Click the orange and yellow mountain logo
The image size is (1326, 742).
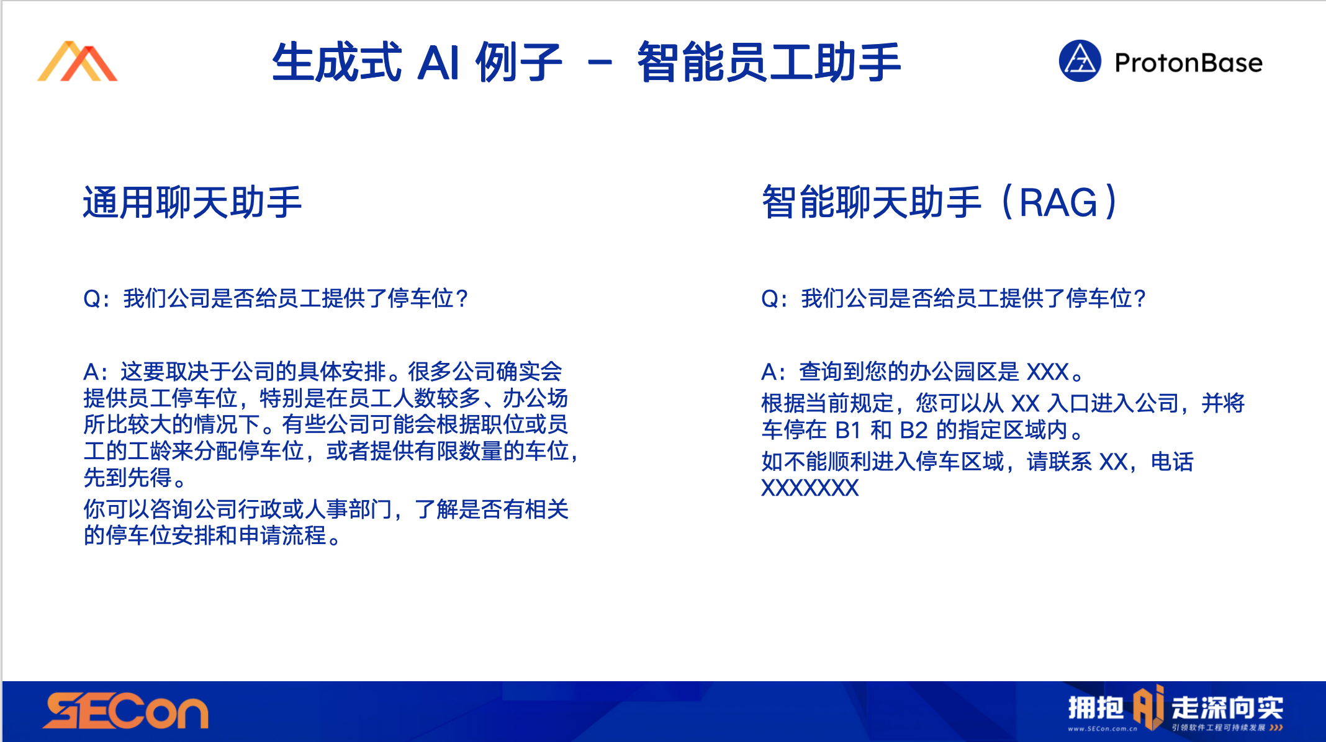[x=77, y=61]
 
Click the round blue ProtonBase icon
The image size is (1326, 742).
[x=1080, y=61]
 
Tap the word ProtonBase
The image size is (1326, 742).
[x=1188, y=63]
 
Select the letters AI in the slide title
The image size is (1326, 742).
[x=438, y=63]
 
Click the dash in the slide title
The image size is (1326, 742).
[x=600, y=62]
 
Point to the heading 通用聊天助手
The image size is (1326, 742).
[x=192, y=202]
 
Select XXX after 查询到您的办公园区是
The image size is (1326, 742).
[x=1048, y=372]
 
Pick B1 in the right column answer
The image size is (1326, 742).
[x=848, y=430]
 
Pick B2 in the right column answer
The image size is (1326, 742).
[x=914, y=430]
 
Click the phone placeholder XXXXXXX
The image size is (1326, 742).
[x=810, y=488]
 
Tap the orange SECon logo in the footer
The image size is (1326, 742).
[x=125, y=711]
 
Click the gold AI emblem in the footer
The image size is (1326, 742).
[x=1148, y=707]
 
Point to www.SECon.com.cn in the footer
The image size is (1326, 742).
[x=1103, y=728]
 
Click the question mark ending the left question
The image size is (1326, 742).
[x=461, y=299]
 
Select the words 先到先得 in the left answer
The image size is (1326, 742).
[x=127, y=478]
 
